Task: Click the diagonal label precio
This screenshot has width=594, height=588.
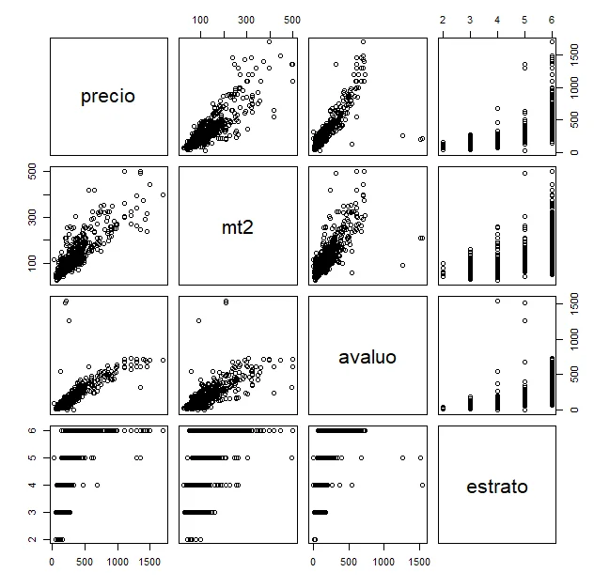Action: point(108,96)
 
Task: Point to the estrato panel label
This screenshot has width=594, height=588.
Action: point(497,487)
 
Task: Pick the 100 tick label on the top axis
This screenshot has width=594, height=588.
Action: point(200,20)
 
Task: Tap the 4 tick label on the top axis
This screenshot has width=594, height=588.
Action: point(496,20)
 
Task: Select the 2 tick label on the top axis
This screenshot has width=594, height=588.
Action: point(443,20)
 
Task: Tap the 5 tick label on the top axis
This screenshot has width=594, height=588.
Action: point(524,20)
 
